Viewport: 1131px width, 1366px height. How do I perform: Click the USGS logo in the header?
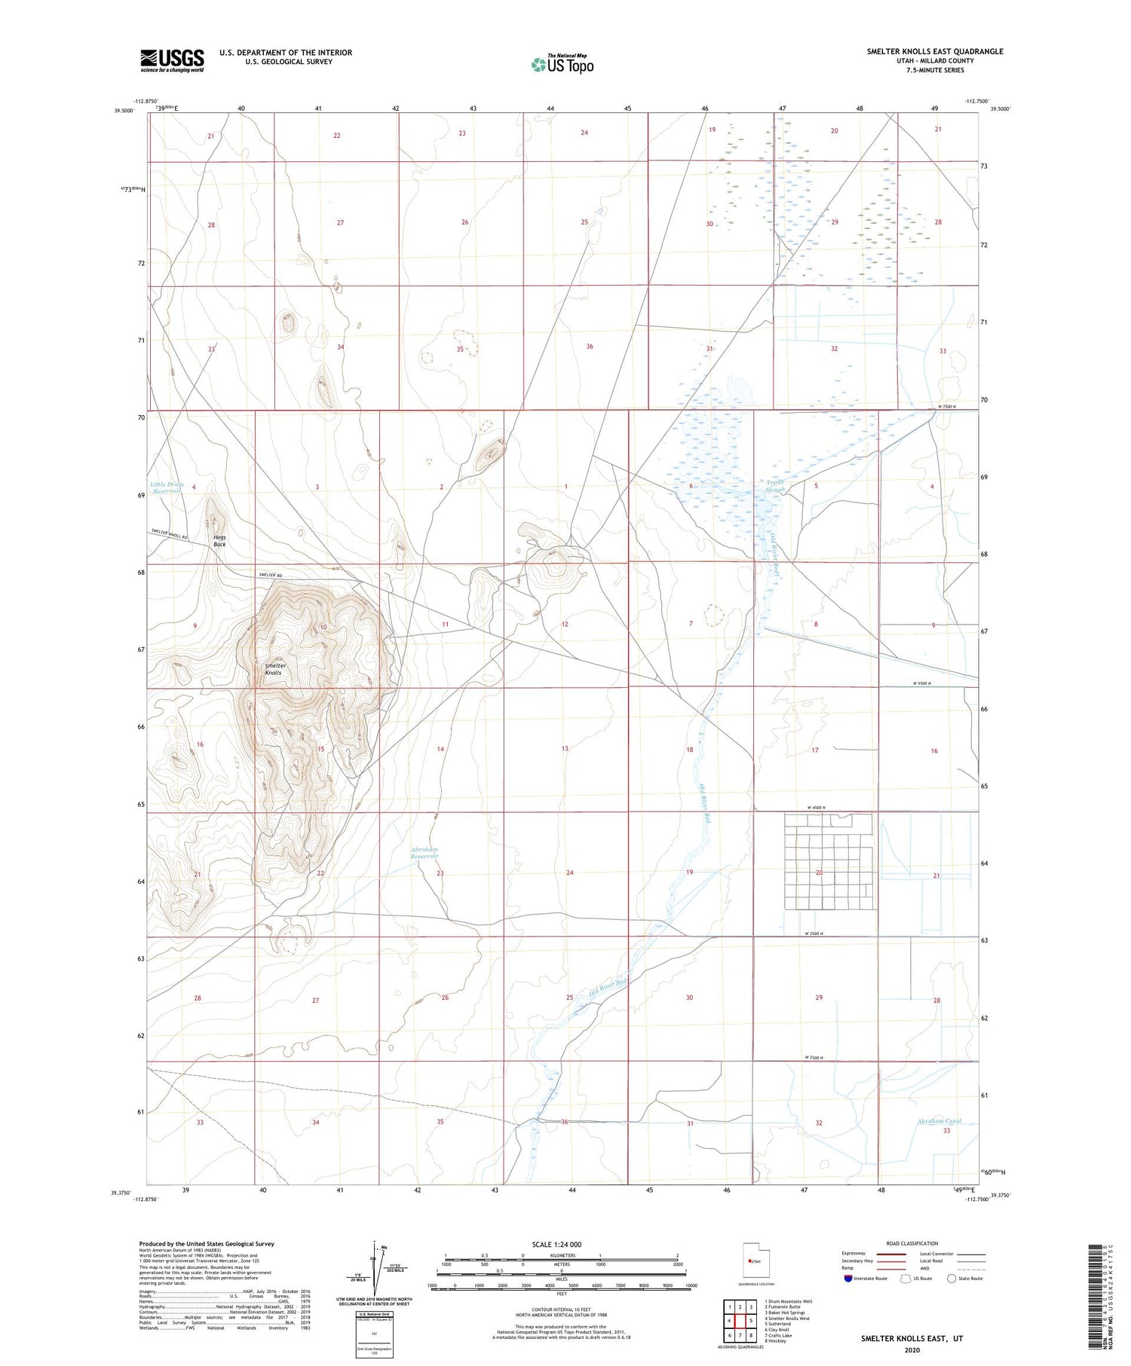tap(171, 60)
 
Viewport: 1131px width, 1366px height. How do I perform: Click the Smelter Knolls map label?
tap(275, 669)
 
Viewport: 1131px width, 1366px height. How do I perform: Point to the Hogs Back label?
tap(219, 540)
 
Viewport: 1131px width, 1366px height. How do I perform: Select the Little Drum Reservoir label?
tap(167, 487)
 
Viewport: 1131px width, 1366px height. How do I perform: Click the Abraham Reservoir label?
tap(424, 853)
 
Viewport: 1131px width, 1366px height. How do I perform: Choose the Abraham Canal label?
tap(940, 1121)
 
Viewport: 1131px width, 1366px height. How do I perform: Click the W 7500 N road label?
tap(946, 407)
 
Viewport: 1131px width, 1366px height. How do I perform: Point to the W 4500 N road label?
tap(817, 808)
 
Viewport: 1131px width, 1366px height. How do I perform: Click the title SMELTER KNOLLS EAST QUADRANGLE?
tap(935, 51)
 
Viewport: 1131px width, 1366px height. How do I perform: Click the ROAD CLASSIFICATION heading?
tap(912, 1243)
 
